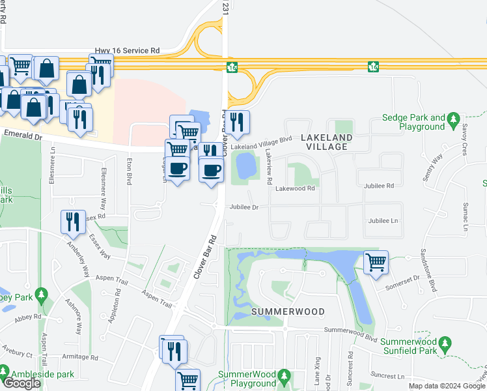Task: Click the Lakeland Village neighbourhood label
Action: pyautogui.click(x=326, y=142)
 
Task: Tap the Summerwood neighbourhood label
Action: pyautogui.click(x=288, y=311)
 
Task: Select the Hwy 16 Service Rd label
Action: pyautogui.click(x=127, y=50)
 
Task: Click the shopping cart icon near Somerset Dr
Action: pyautogui.click(x=376, y=263)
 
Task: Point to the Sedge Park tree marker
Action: pyautogui.click(x=454, y=119)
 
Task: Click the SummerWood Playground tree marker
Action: pyautogui.click(x=283, y=375)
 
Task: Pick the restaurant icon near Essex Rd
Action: pyautogui.click(x=72, y=222)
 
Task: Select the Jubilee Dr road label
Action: pyautogui.click(x=244, y=207)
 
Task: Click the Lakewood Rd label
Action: pyautogui.click(x=295, y=188)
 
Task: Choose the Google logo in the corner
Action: pyautogui.click(x=21, y=383)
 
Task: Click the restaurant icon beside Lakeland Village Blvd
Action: pyautogui.click(x=238, y=122)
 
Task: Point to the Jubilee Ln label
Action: pyautogui.click(x=383, y=222)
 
